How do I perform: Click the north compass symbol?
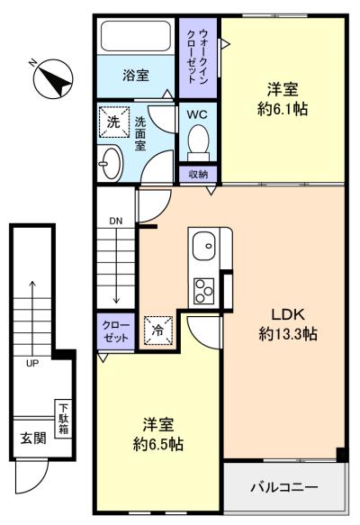coord(53,79)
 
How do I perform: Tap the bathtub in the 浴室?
coord(136,36)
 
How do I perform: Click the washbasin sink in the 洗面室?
coord(111,163)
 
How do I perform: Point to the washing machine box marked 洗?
coord(114,122)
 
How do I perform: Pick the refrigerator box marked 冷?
coord(158,330)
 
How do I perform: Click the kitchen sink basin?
coord(203,246)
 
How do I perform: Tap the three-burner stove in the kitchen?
coord(203,291)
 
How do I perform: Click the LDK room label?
coord(288,315)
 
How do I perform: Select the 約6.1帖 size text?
coord(283,109)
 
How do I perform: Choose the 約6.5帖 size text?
coord(157,444)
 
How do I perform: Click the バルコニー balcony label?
coord(284,487)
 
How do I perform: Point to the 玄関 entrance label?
coord(33,438)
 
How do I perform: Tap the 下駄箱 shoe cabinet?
coord(63,419)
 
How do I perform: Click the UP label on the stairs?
coord(32,363)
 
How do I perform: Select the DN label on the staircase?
coord(116,221)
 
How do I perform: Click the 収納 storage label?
coord(198,174)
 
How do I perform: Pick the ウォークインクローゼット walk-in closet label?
coord(198,56)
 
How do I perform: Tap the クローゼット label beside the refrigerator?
coord(116,330)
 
